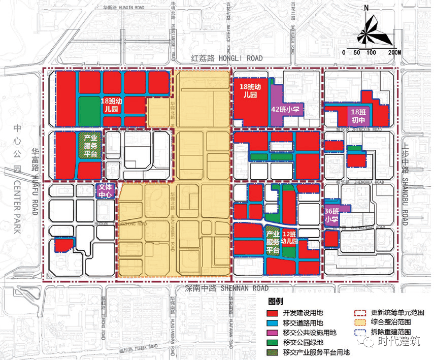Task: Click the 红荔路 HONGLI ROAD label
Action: (x=226, y=59)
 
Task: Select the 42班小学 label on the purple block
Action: (x=285, y=109)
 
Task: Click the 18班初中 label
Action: (x=358, y=115)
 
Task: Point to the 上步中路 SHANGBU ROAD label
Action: (x=405, y=180)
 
